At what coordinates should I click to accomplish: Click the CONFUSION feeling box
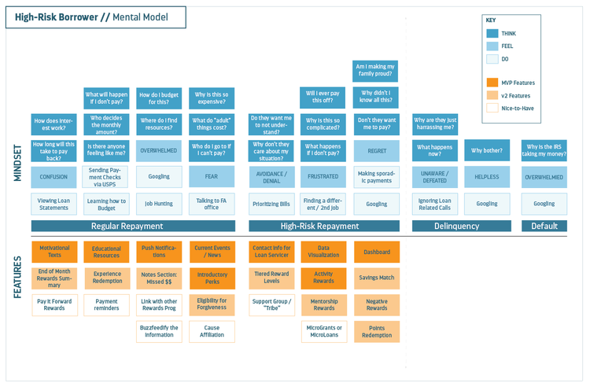click(54, 177)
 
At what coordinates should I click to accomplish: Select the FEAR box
click(212, 177)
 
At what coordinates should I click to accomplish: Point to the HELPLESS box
click(487, 177)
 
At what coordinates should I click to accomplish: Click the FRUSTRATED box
click(323, 177)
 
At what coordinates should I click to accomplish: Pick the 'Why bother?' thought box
click(487, 150)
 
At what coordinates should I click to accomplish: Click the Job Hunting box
click(159, 204)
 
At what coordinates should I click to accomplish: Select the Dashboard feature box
click(376, 252)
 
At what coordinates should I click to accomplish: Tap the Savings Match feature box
click(376, 278)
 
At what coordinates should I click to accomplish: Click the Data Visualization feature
click(323, 252)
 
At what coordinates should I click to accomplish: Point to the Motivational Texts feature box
click(54, 252)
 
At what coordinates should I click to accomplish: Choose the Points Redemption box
click(376, 331)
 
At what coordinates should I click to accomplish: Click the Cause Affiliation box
click(212, 331)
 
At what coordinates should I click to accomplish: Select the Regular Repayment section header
click(116, 227)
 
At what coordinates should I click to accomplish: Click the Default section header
click(544, 227)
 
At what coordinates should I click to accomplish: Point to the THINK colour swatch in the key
click(492, 34)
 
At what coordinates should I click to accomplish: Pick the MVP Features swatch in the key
click(492, 83)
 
